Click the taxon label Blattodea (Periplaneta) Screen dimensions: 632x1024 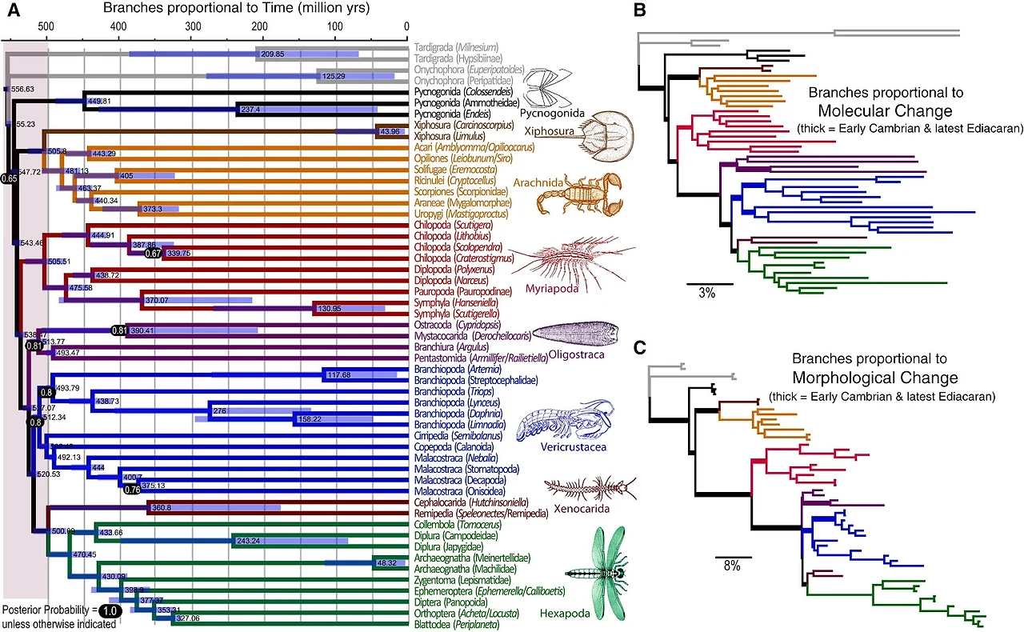tap(456, 624)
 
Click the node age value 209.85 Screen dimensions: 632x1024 tap(273, 54)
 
